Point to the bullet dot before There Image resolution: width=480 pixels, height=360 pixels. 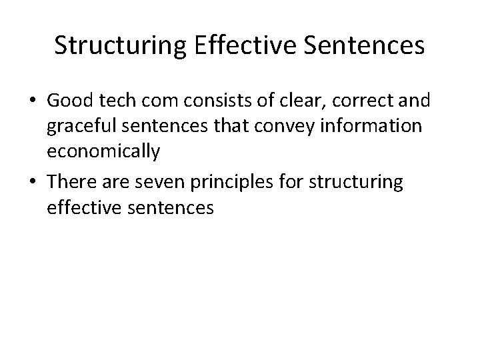[x=35, y=183]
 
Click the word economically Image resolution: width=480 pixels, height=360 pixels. [x=103, y=153]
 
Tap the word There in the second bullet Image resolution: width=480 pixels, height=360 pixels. [x=71, y=183]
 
